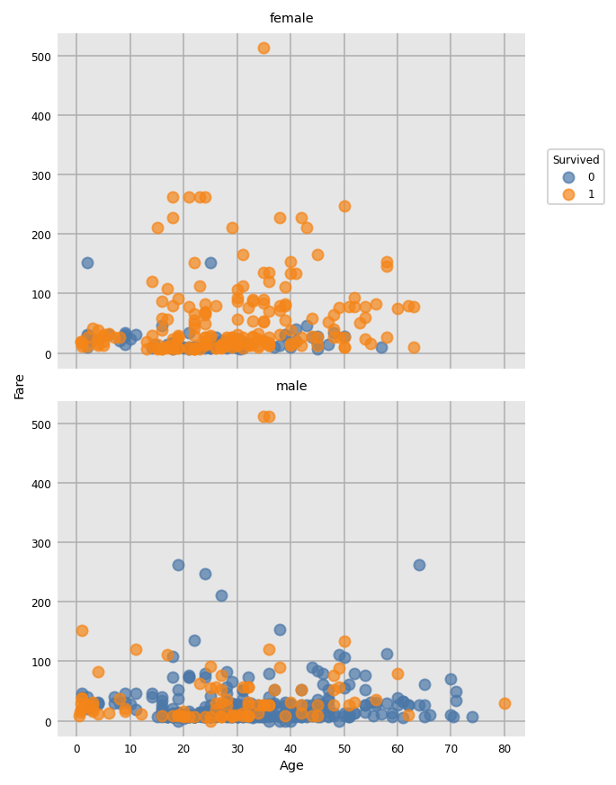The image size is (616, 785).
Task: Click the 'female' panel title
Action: point(291,19)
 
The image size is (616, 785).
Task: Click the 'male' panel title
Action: point(291,387)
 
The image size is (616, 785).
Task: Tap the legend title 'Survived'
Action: point(576,160)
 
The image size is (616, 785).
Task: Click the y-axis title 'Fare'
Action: point(19,386)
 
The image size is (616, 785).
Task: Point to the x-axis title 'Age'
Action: point(291,766)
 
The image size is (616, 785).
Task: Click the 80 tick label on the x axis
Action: point(504,748)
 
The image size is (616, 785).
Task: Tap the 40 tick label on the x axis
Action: point(290,748)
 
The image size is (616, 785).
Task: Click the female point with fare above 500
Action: point(263,48)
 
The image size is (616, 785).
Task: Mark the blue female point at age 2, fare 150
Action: point(87,263)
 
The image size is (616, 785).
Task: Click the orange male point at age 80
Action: point(504,703)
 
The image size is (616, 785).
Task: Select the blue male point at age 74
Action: point(472,717)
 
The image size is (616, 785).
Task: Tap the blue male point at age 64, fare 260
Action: point(419,565)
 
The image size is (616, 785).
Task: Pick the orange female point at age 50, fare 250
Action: point(344,206)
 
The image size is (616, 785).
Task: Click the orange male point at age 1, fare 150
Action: point(82,630)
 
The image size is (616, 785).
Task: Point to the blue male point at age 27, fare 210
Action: point(221,595)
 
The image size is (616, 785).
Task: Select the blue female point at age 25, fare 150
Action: point(210,263)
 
